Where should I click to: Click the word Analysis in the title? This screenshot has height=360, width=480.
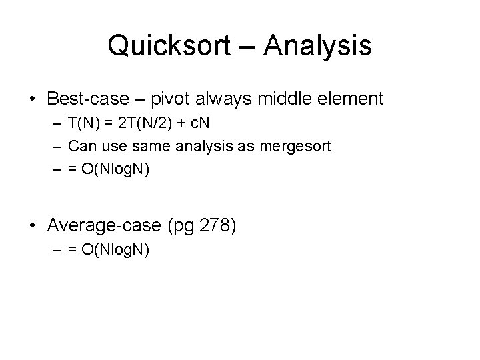coord(317,46)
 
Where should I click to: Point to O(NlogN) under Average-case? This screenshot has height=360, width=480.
coord(114,250)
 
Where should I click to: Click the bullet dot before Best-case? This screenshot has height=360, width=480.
coord(32,100)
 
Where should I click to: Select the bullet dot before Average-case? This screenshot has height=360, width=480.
coord(32,226)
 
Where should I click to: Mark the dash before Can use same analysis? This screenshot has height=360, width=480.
coord(60,145)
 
